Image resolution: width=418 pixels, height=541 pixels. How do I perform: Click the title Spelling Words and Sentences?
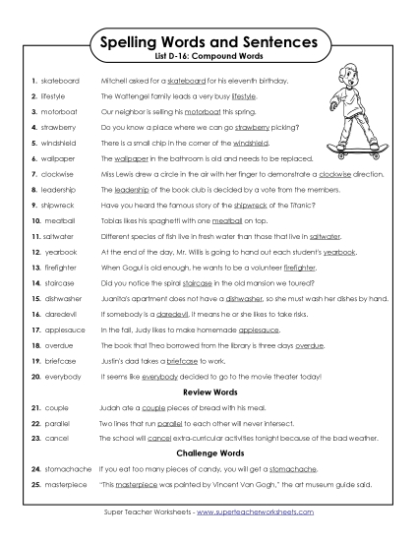(209, 43)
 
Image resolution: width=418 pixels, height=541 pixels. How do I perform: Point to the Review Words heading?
(209, 392)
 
